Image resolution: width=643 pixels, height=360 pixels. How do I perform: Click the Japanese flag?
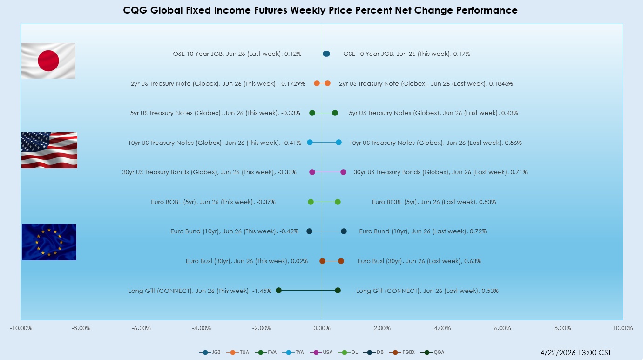coord(48,61)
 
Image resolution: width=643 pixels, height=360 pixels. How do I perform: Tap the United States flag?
coord(49,150)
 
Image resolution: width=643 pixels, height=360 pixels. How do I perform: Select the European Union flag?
coord(49,242)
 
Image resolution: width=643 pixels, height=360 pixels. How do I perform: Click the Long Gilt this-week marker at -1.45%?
coord(278,290)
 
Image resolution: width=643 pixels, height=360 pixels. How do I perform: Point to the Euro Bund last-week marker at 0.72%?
coord(344,231)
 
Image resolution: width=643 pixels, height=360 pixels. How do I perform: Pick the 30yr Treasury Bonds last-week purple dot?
coord(343,172)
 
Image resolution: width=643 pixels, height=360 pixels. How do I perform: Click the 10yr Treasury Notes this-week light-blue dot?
coord(310,143)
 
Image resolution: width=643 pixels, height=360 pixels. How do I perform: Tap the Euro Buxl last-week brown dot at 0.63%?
coord(341,261)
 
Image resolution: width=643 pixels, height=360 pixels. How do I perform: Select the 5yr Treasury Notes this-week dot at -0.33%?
coord(312,113)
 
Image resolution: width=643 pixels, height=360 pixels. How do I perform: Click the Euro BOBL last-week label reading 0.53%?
coord(433,202)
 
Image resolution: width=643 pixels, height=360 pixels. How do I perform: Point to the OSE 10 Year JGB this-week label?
coord(406,54)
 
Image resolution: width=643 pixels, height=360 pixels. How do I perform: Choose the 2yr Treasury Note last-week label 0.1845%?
coord(426,84)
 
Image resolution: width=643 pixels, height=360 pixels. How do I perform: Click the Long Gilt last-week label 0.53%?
coord(427,291)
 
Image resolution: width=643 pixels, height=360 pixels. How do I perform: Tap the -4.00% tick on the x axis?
coord(202,328)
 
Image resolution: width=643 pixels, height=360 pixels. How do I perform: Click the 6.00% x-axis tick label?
coord(502,328)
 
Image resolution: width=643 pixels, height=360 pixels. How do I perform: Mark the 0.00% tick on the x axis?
coord(322,328)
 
